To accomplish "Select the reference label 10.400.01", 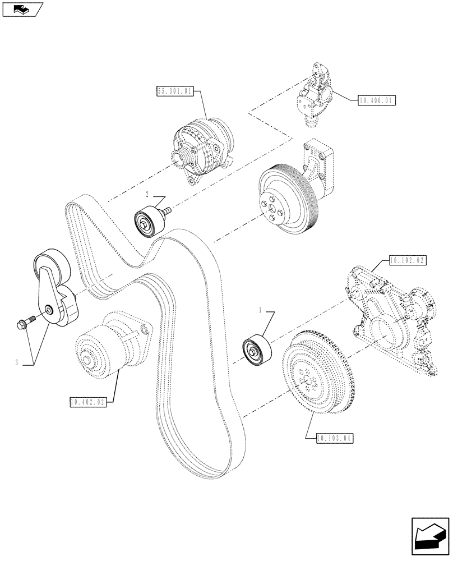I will [375, 101].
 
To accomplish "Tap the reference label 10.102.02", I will [406, 260].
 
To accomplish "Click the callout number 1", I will [260, 309].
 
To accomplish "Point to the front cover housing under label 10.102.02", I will [390, 320].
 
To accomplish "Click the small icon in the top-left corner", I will [22, 9].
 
